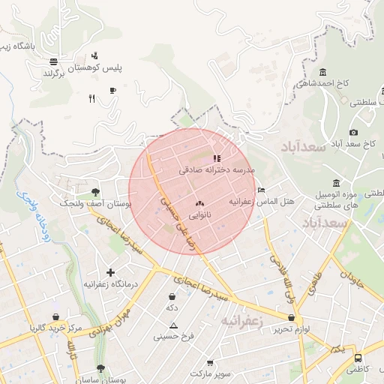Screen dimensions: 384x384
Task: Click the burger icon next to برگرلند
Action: click(53, 61)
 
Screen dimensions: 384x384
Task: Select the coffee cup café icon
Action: click(112, 90)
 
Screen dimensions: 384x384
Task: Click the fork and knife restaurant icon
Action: click(91, 98)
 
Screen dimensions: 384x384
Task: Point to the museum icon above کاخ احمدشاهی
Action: click(322, 72)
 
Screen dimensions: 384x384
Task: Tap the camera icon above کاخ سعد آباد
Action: click(353, 132)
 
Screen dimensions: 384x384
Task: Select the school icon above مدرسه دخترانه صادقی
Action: click(217, 158)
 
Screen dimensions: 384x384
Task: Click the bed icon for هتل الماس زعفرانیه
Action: click(261, 190)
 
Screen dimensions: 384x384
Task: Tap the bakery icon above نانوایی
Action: click(199, 203)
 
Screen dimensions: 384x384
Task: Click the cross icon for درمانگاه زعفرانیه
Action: click(111, 272)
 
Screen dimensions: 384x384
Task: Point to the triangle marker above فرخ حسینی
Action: click(174, 325)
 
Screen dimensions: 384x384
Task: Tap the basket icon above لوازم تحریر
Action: click(291, 317)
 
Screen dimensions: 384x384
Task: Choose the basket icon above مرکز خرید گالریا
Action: click(55, 317)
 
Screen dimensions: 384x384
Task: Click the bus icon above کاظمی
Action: click(358, 358)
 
